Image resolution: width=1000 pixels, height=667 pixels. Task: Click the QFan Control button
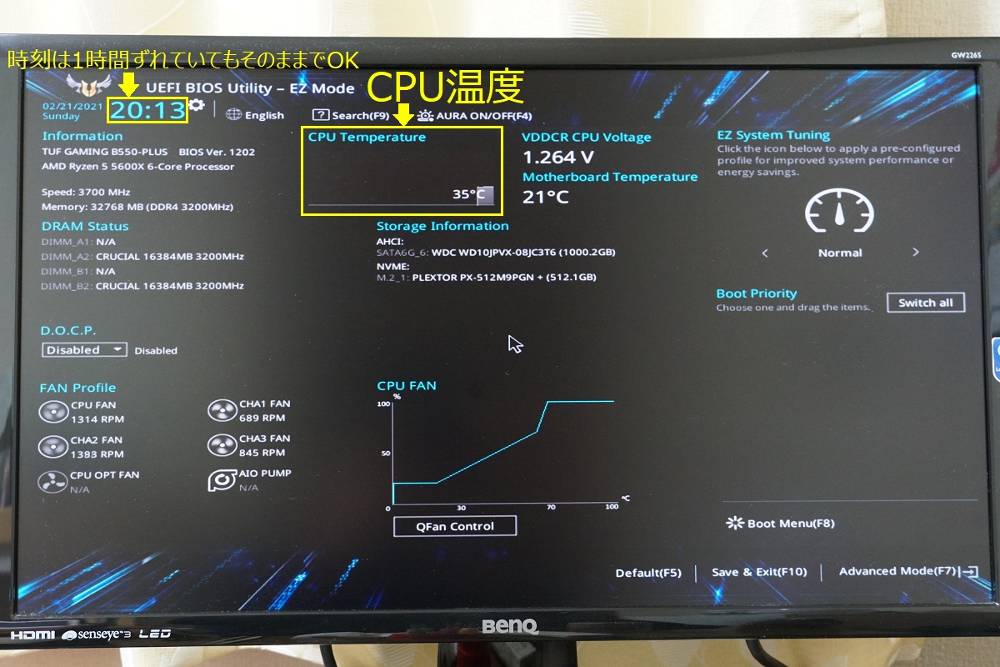pos(455,526)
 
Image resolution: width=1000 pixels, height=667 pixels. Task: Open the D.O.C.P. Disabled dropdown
pos(84,350)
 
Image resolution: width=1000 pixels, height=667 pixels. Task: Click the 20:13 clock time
pos(147,110)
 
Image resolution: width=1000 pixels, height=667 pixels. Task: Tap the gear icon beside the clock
pos(197,105)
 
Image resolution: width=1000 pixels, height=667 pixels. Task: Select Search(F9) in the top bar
pos(351,115)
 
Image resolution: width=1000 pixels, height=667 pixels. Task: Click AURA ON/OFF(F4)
pos(474,116)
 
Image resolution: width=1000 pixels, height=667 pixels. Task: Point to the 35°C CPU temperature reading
pos(468,194)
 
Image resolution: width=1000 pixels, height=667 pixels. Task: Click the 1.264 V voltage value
pos(558,158)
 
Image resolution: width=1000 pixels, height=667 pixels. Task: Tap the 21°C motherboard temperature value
pos(546,197)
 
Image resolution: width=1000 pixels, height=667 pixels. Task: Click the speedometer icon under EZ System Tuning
pos(839,210)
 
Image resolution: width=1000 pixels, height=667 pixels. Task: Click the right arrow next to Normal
pos(916,253)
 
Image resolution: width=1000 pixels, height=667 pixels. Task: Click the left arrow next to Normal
pos(765,253)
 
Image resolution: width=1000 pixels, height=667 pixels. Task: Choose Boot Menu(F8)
pos(780,523)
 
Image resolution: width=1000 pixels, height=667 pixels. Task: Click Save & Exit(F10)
pos(759,572)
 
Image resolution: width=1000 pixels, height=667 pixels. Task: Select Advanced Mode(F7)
pos(908,571)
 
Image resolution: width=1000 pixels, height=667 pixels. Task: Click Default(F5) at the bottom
pos(648,573)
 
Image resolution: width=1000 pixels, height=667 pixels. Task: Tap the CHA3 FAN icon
pos(222,445)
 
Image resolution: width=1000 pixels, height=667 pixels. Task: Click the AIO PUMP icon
pos(222,480)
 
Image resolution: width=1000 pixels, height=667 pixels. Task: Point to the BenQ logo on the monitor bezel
pos(510,626)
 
